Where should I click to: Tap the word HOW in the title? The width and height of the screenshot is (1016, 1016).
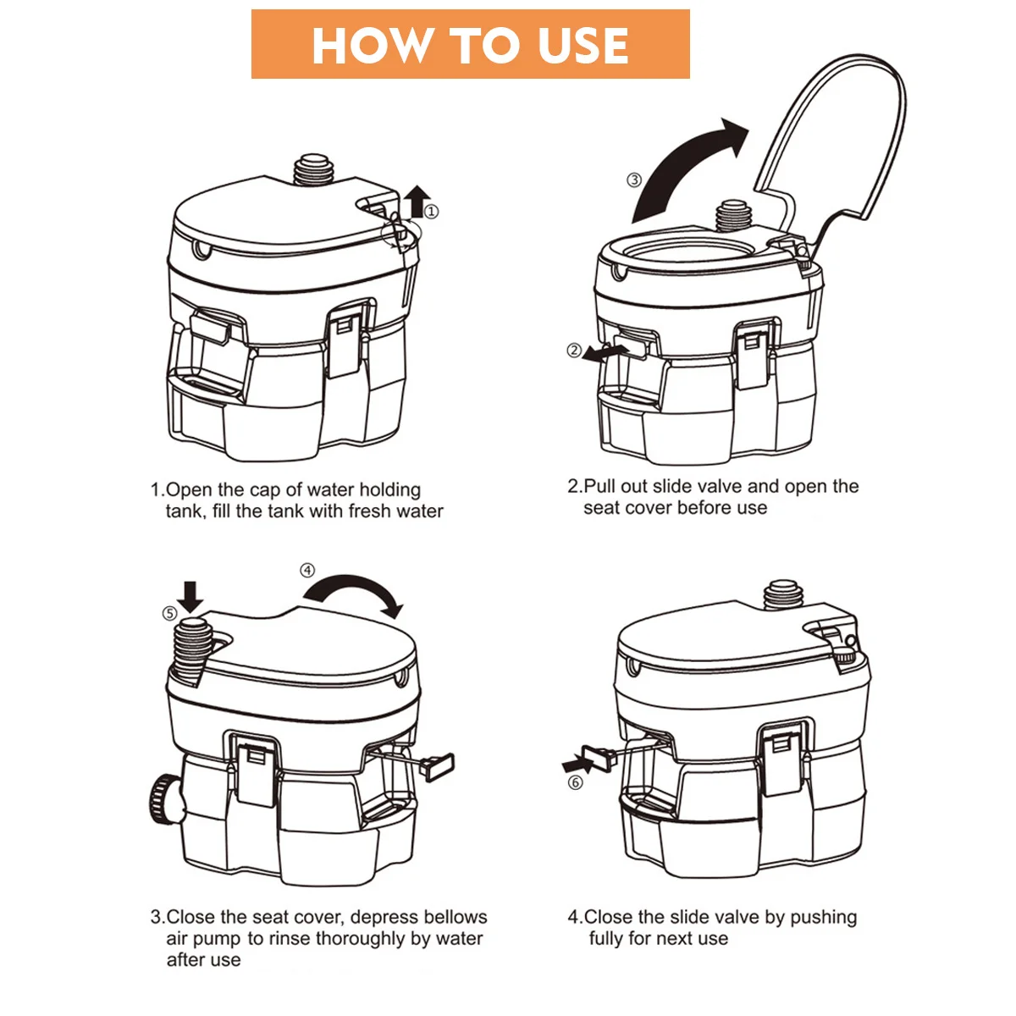tap(371, 46)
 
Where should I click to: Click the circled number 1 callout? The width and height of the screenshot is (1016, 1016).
tap(432, 212)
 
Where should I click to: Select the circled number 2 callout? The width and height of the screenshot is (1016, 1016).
tap(574, 350)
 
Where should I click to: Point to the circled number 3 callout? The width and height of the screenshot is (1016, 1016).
tap(634, 179)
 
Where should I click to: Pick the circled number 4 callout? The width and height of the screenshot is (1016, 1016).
tap(307, 571)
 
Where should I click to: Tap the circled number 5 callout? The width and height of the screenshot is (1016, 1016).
tap(170, 613)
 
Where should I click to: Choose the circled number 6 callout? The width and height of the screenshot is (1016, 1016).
tap(575, 782)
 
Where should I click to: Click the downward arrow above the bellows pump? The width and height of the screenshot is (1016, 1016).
tap(190, 597)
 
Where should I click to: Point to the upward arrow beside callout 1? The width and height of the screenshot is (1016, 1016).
tap(419, 201)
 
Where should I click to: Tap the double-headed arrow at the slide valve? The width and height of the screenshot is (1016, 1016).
tap(605, 353)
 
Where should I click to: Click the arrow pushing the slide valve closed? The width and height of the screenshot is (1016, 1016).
tap(578, 762)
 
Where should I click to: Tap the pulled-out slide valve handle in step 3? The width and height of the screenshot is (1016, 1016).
tap(437, 766)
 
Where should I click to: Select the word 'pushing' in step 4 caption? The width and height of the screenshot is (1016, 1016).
tap(823, 918)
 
